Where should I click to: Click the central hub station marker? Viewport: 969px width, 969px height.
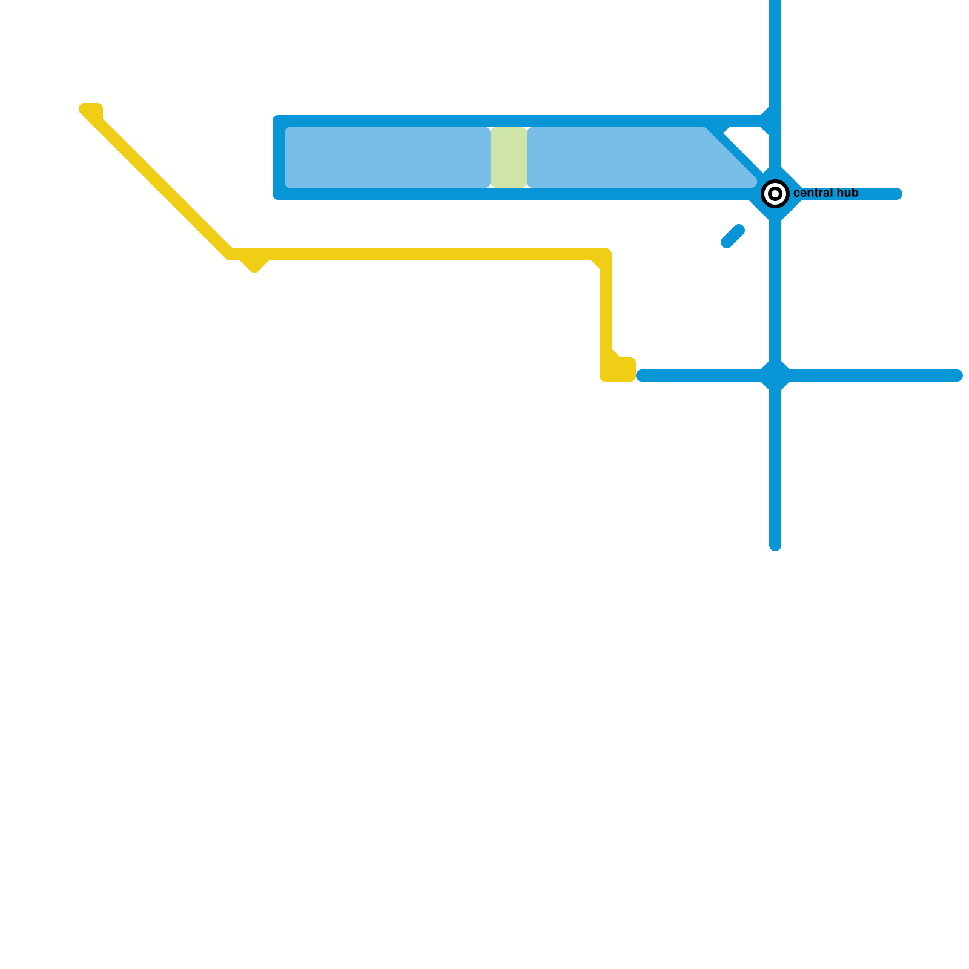pyautogui.click(x=775, y=194)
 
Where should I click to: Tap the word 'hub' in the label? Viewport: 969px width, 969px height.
pyautogui.click(x=847, y=193)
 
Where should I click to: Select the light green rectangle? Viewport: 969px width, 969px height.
pyautogui.click(x=508, y=157)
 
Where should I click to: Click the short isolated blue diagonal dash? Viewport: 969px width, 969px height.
pyautogui.click(x=733, y=236)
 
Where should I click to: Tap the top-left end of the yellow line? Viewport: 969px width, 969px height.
pyautogui.click(x=90, y=110)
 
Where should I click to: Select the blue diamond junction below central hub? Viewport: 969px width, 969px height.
pyautogui.click(x=775, y=375)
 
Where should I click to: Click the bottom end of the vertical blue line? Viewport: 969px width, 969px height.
pyautogui.click(x=775, y=546)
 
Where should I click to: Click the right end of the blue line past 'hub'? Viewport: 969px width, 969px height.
pyautogui.click(x=897, y=194)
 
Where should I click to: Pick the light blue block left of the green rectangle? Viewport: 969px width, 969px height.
pyautogui.click(x=387, y=157)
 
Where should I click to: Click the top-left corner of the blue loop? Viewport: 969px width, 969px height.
pyautogui.click(x=279, y=121)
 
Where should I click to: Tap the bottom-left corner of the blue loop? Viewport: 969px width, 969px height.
pyautogui.click(x=279, y=194)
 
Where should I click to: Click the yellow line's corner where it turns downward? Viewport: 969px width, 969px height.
pyautogui.click(x=605, y=255)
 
